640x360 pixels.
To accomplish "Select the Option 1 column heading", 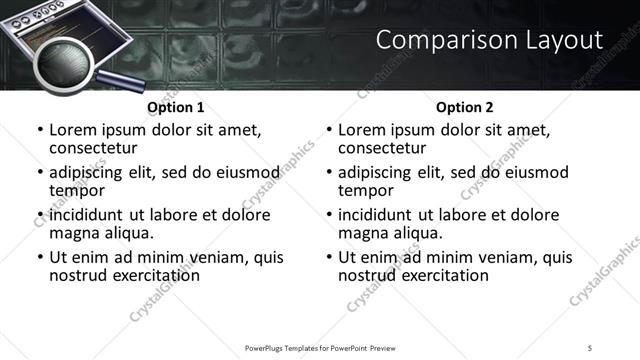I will point(176,107).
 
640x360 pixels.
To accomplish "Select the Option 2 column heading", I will point(464,107).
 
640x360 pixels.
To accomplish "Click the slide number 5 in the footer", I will point(590,347).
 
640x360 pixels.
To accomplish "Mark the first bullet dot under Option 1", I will point(40,131).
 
